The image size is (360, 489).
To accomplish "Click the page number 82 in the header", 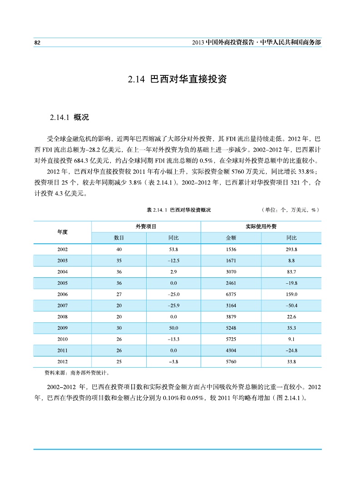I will point(38,42).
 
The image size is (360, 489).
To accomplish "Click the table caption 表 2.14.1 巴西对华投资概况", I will point(179,210).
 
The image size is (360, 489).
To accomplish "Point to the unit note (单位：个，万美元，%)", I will point(290,210).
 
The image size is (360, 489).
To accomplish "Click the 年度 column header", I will point(62,232).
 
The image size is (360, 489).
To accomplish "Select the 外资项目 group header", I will point(146,226).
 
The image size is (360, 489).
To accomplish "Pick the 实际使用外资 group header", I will point(261,226).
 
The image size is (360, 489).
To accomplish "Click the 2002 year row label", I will point(62,250).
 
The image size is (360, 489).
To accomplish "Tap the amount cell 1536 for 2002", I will point(231,250).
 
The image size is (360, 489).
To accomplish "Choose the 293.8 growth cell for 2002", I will point(291,250).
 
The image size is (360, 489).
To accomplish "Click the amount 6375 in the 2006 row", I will point(231,294).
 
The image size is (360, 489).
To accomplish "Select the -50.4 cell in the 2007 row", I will point(291,306).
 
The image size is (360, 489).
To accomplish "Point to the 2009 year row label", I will point(62,328).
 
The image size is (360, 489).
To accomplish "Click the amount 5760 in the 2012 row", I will point(231,361).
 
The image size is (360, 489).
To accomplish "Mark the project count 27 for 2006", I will point(119,294).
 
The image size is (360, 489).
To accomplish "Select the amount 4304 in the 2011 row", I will point(231,350).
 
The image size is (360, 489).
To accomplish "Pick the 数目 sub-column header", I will point(119,238).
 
